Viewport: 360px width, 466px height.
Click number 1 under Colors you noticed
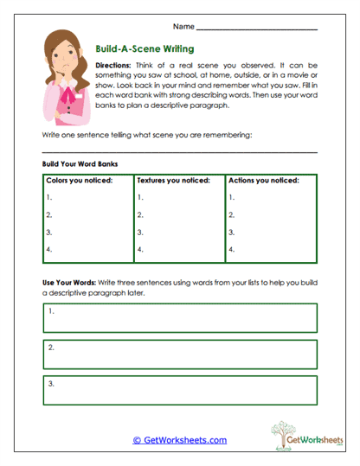48,197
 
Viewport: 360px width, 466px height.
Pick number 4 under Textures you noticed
140,251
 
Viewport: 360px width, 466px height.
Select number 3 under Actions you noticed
231,233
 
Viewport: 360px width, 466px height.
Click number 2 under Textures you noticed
140,214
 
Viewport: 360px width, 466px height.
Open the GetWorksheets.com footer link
179,440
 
